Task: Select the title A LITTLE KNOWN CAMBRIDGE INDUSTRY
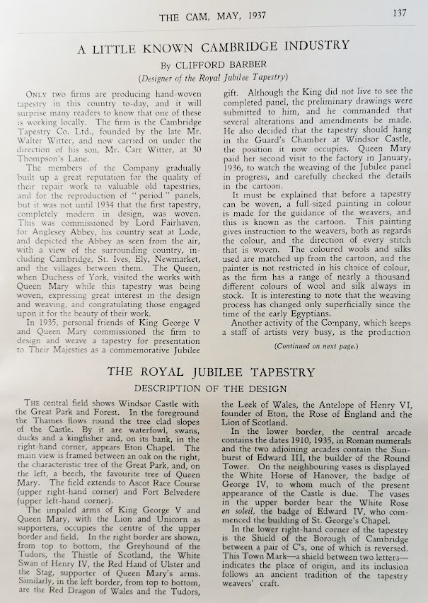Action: coord(214,46)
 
